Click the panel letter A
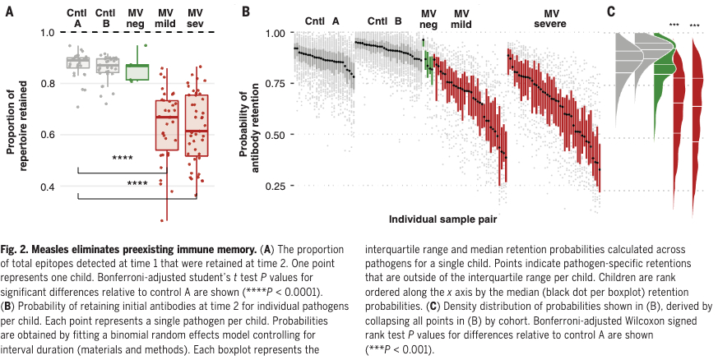click(x=9, y=11)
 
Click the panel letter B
click(x=245, y=11)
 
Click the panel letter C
click(x=609, y=11)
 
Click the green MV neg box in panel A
click(x=137, y=72)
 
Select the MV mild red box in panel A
click(x=167, y=125)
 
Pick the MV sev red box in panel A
click(x=197, y=125)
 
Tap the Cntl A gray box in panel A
click(x=78, y=63)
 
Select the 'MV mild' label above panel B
click(x=462, y=19)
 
